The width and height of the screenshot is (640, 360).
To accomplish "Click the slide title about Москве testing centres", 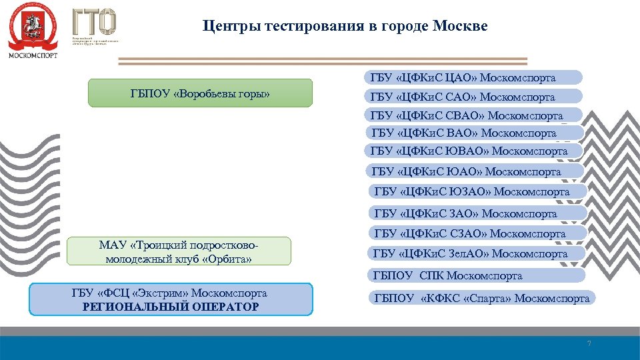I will [x=345, y=27].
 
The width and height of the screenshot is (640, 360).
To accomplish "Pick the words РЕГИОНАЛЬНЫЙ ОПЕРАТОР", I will [x=171, y=307].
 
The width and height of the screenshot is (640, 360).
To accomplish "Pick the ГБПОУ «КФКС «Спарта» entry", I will [x=481, y=298].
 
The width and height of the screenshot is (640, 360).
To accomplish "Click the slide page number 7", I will [x=588, y=343].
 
